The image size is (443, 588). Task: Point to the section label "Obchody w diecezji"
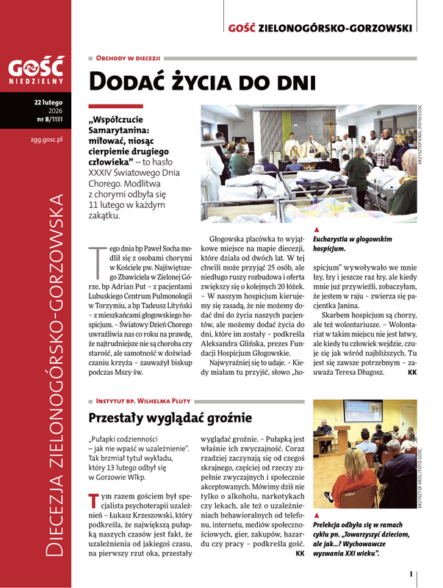tap(128, 57)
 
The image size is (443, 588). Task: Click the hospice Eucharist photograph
tap(309, 159)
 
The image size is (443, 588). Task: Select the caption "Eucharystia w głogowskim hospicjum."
tap(353, 244)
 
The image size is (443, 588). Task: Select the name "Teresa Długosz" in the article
tap(382, 373)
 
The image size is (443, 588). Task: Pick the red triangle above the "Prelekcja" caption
tap(317, 516)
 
